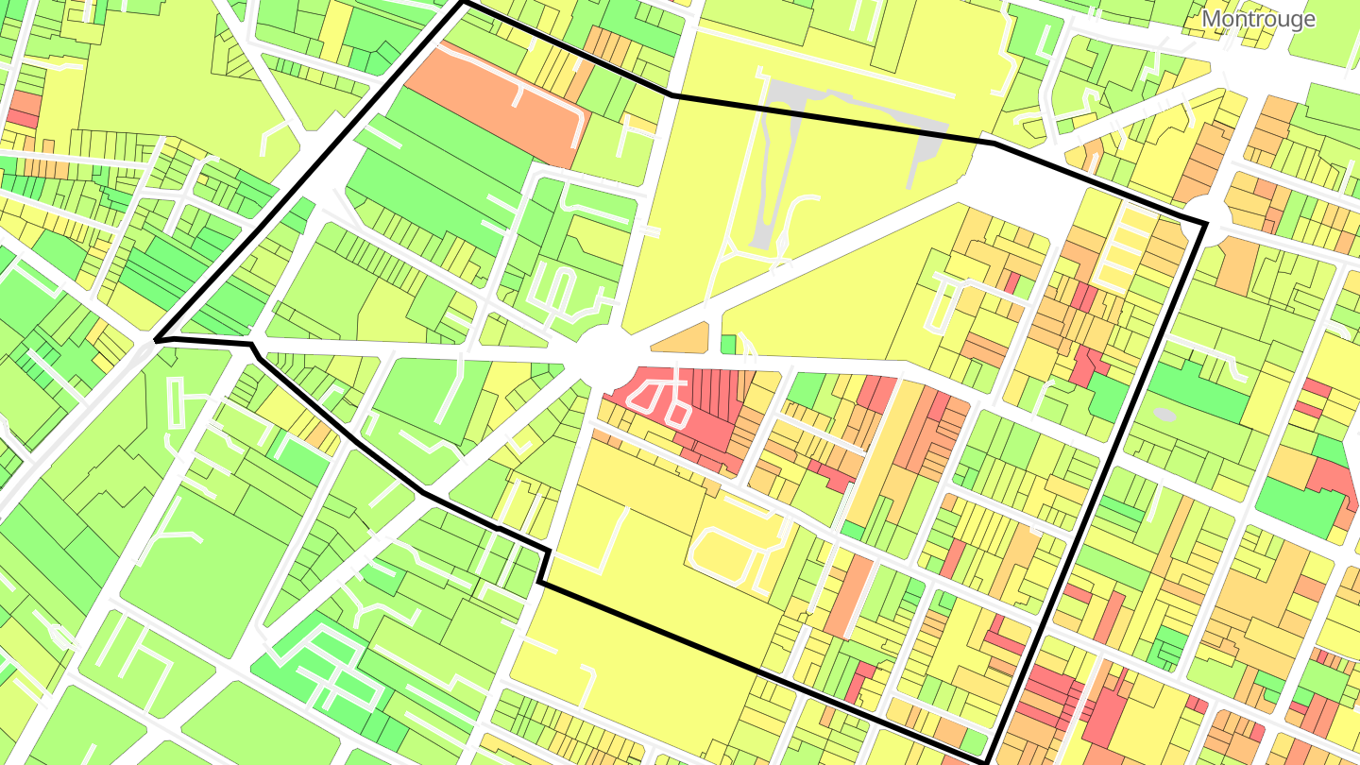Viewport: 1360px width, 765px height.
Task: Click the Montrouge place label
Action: pos(1258,19)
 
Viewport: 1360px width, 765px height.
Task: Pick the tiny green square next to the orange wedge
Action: pos(728,344)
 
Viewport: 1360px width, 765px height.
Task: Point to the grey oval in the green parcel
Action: pos(1164,414)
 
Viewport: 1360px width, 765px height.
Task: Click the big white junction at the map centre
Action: pos(604,354)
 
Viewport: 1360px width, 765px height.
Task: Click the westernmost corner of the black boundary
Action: pos(157,337)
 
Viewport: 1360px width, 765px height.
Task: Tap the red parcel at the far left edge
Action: pos(23,109)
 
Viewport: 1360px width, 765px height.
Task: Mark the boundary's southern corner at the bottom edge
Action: pos(987,760)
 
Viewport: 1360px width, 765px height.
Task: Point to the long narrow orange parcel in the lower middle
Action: pos(850,595)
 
